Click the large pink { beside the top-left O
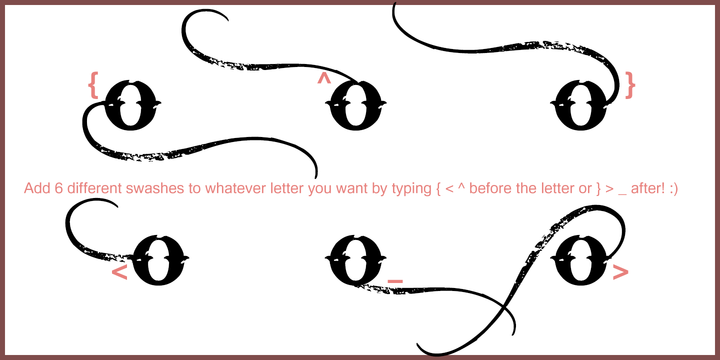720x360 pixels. tap(93, 85)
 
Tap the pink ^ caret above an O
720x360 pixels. tap(324, 79)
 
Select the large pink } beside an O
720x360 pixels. tap(630, 85)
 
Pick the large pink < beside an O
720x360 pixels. tap(119, 272)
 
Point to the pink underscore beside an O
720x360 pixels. tap(395, 280)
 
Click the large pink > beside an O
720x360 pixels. tap(620, 272)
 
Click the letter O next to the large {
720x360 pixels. tap(132, 104)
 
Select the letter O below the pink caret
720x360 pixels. tap(356, 104)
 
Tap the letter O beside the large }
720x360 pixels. tap(579, 104)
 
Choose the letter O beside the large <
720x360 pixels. tap(160, 260)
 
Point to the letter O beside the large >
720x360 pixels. tap(579, 260)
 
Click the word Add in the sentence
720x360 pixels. tap(36, 188)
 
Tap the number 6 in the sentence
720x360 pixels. tap(58, 188)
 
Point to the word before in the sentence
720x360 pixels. tap(492, 188)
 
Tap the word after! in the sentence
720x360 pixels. tap(648, 188)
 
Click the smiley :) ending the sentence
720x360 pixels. tap(673, 189)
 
